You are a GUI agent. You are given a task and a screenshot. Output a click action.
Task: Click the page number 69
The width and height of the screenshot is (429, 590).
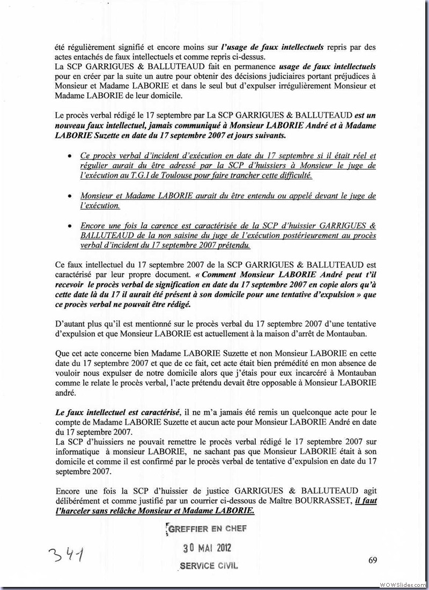[374, 560]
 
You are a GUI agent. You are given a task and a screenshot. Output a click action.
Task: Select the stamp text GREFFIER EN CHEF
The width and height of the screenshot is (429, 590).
[207, 529]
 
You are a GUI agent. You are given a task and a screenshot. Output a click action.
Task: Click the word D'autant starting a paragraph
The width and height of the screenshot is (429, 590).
[70, 323]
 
